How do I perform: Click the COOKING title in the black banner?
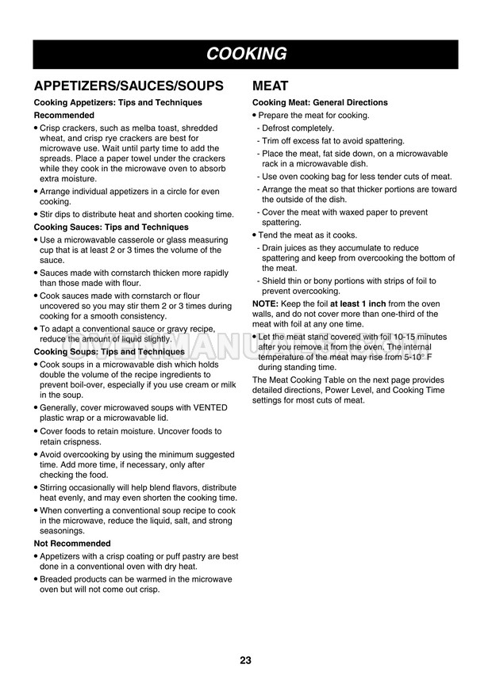point(245,54)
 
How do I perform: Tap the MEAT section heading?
point(270,86)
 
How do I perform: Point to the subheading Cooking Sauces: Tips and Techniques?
point(111,227)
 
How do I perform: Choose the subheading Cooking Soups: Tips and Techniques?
point(109,352)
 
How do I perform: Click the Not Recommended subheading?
point(72,544)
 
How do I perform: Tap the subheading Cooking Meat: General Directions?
point(320,103)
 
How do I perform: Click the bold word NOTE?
point(264,304)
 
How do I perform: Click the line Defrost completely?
point(298,128)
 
